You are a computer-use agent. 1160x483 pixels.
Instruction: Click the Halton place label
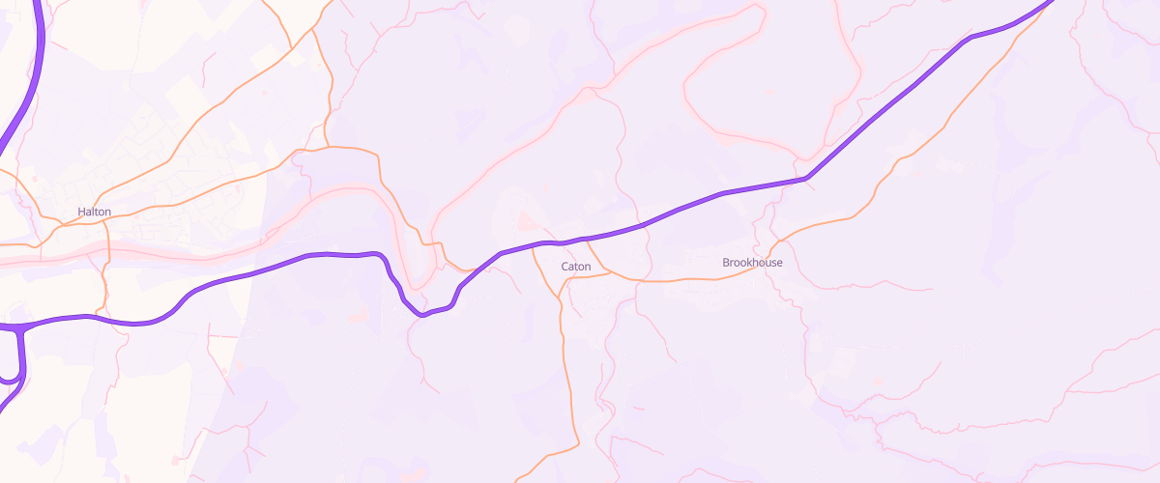[x=95, y=212]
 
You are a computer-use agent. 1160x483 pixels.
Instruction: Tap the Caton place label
[x=575, y=266]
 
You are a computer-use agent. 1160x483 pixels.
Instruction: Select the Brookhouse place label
[x=752, y=263]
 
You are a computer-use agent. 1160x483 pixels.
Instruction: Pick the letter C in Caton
[x=565, y=266]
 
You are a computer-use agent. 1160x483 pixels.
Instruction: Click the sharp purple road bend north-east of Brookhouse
[x=806, y=179]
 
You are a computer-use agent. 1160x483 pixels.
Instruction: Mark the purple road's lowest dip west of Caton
[x=421, y=315]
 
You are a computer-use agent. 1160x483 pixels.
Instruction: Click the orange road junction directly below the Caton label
[x=563, y=279]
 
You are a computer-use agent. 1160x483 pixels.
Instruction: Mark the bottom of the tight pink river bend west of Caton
[x=418, y=286]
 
